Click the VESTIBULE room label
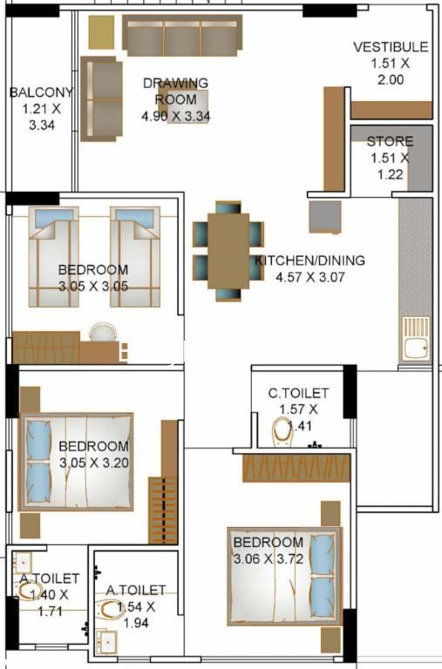(391, 46)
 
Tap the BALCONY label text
(41, 92)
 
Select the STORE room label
(390, 141)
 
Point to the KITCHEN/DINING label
(310, 260)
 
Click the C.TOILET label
(298, 393)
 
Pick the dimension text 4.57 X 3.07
(310, 277)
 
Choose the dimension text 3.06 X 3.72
(269, 558)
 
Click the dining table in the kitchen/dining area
(228, 251)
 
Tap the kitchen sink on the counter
(416, 339)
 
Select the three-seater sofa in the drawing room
(182, 36)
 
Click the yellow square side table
(101, 32)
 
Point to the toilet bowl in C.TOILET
(282, 432)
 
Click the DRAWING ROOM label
(175, 91)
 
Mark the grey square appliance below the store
(325, 217)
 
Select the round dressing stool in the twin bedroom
(103, 332)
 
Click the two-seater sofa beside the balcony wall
(102, 99)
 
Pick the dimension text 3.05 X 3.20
(94, 463)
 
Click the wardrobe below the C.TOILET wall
(296, 468)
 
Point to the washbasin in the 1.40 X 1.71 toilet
(22, 563)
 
